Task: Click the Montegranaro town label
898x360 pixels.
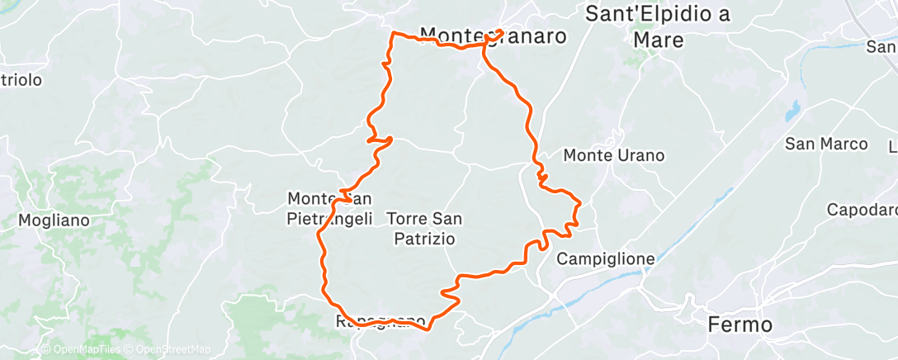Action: coord(494,36)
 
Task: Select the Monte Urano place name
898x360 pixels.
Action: coord(613,155)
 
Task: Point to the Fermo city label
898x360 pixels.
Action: coord(740,324)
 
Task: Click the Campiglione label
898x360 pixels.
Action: coord(606,259)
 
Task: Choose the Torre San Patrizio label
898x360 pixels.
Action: coord(424,229)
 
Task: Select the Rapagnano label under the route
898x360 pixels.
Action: coord(381,320)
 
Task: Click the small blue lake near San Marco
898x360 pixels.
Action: coord(793,110)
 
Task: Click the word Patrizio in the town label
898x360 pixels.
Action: coord(424,239)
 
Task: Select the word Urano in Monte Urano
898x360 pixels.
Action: coord(642,155)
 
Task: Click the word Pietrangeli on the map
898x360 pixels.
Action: coord(329,219)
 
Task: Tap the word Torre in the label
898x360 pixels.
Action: coord(406,219)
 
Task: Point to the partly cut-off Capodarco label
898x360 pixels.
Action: coord(862,210)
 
